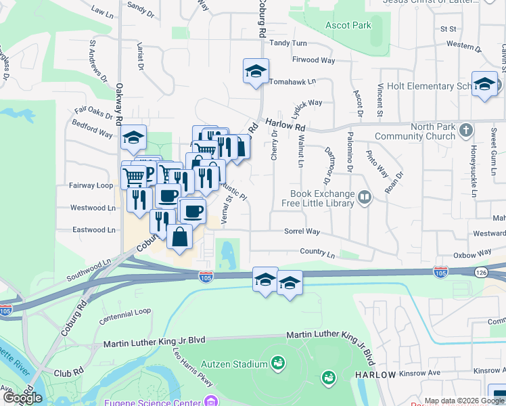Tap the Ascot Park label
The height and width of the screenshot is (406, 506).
[x=348, y=25]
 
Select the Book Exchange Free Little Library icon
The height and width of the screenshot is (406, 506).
[x=365, y=198]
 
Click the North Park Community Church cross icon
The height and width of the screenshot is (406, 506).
[x=466, y=129]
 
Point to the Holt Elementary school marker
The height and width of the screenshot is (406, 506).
[x=484, y=84]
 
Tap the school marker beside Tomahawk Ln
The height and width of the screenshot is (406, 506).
[x=256, y=71]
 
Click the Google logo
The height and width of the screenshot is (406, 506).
[x=22, y=398]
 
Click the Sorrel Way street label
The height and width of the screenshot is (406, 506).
[x=302, y=231]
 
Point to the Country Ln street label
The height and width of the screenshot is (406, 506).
[x=317, y=254]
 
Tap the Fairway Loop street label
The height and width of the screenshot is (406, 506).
[x=91, y=185]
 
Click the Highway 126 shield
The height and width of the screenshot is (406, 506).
[x=480, y=272]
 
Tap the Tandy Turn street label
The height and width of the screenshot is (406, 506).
[x=289, y=43]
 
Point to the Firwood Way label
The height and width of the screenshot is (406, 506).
[x=314, y=60]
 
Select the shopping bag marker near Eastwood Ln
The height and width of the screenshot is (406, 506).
[x=179, y=238]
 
